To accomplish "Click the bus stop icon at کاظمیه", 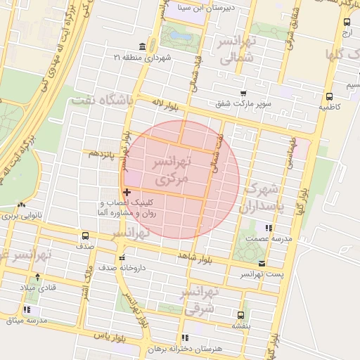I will (x=329, y=97).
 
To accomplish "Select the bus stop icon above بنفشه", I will (x=241, y=315).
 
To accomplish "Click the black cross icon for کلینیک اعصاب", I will (x=127, y=192).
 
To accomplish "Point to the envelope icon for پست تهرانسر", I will (x=262, y=264).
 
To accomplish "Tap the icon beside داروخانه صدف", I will (x=122, y=257).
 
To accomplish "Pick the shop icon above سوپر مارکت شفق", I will (x=243, y=94).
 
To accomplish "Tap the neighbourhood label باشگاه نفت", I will (x=102, y=101).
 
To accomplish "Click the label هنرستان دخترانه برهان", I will (x=215, y=349).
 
